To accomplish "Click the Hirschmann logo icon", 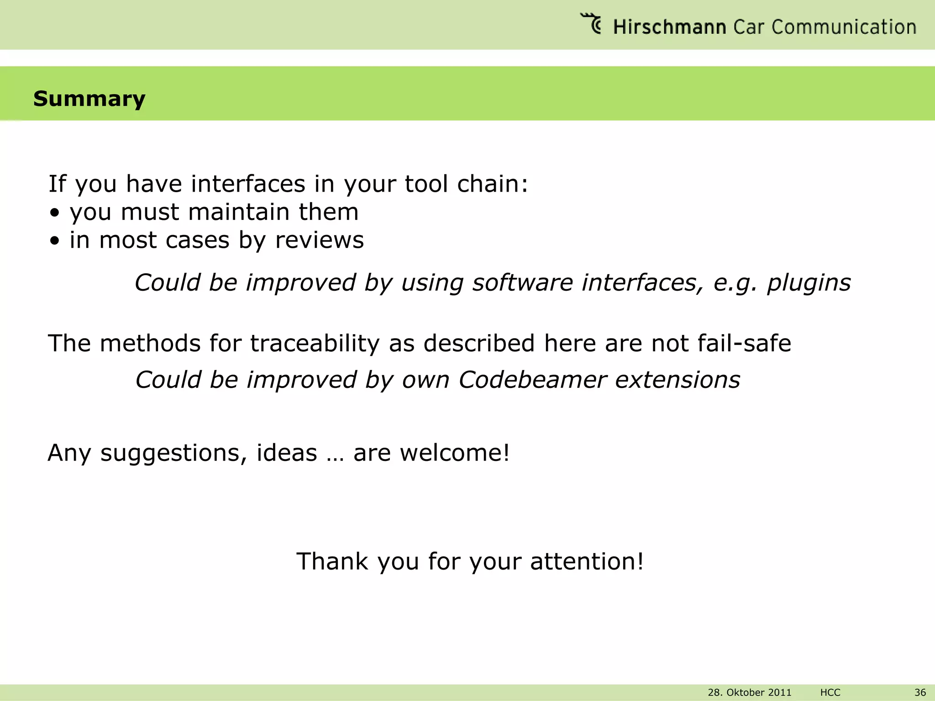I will pyautogui.click(x=591, y=23).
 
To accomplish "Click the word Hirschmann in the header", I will pyautogui.click(x=669, y=27).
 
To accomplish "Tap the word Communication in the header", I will pyautogui.click(x=844, y=27).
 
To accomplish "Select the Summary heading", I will pyautogui.click(x=89, y=99).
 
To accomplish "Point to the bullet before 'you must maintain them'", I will pyautogui.click(x=55, y=213).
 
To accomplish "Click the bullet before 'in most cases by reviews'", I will pyautogui.click(x=55, y=241).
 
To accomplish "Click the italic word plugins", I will pyautogui.click(x=809, y=282).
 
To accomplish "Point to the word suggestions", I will pyautogui.click(x=174, y=453).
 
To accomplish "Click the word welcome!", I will pyautogui.click(x=454, y=453).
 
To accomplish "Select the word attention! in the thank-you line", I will pyautogui.click(x=587, y=561).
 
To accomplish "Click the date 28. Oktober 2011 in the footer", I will pyautogui.click(x=749, y=692).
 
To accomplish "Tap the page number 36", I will pyautogui.click(x=920, y=692).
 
